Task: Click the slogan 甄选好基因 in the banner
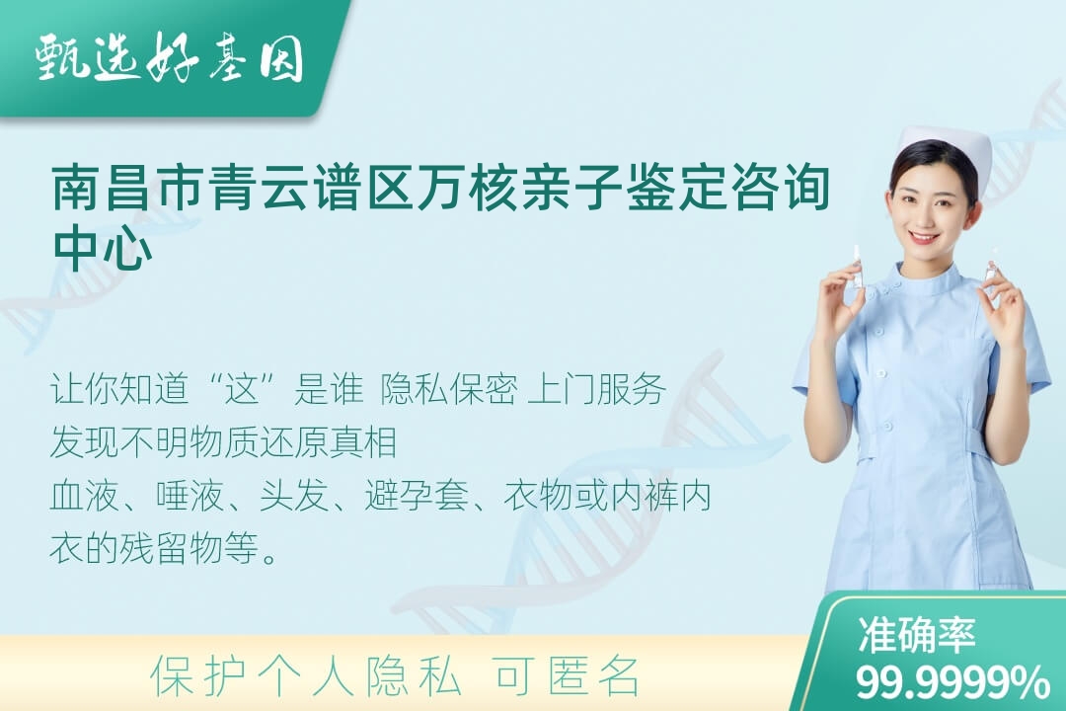(x=170, y=57)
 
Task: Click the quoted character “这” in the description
(x=243, y=390)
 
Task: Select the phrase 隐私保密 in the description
(x=449, y=390)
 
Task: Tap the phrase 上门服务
(x=596, y=390)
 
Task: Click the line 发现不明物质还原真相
(x=223, y=442)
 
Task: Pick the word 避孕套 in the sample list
(x=417, y=496)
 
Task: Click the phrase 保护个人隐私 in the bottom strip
(x=306, y=675)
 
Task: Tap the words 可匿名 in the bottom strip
(x=567, y=675)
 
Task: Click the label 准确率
(x=917, y=634)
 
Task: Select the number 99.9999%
(x=952, y=681)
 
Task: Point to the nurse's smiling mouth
(x=925, y=237)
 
